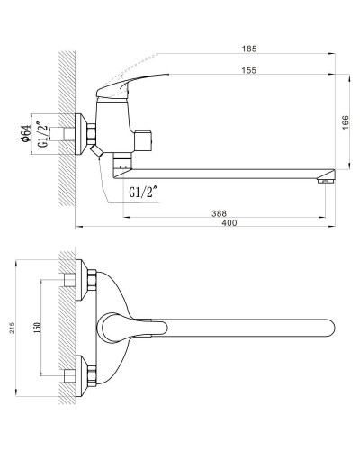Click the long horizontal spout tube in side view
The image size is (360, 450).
(225, 170)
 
